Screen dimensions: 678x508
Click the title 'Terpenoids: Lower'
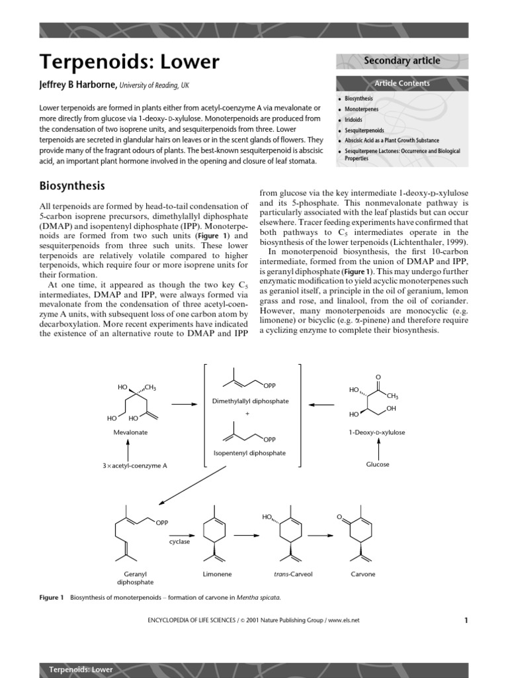pyautogui.click(x=130, y=62)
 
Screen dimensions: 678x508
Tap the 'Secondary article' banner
pyautogui.click(x=402, y=61)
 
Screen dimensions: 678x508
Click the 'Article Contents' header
pyautogui.click(x=402, y=83)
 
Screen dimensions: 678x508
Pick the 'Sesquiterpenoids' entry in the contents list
pyautogui.click(x=364, y=130)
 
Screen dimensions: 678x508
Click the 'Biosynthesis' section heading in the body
pyautogui.click(x=72, y=185)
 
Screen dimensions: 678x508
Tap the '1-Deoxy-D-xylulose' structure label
pyautogui.click(x=377, y=432)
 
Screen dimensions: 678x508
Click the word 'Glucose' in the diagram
pyautogui.click(x=378, y=464)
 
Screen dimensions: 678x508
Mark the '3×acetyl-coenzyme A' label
pyautogui.click(x=134, y=465)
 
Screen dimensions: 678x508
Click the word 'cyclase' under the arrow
pyautogui.click(x=179, y=541)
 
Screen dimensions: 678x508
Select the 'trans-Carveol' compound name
pyautogui.click(x=288, y=574)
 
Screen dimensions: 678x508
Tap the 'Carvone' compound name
pyautogui.click(x=362, y=574)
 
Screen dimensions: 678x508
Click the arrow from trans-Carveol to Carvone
pyautogui.click(x=320, y=536)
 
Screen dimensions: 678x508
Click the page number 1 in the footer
pyautogui.click(x=466, y=620)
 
